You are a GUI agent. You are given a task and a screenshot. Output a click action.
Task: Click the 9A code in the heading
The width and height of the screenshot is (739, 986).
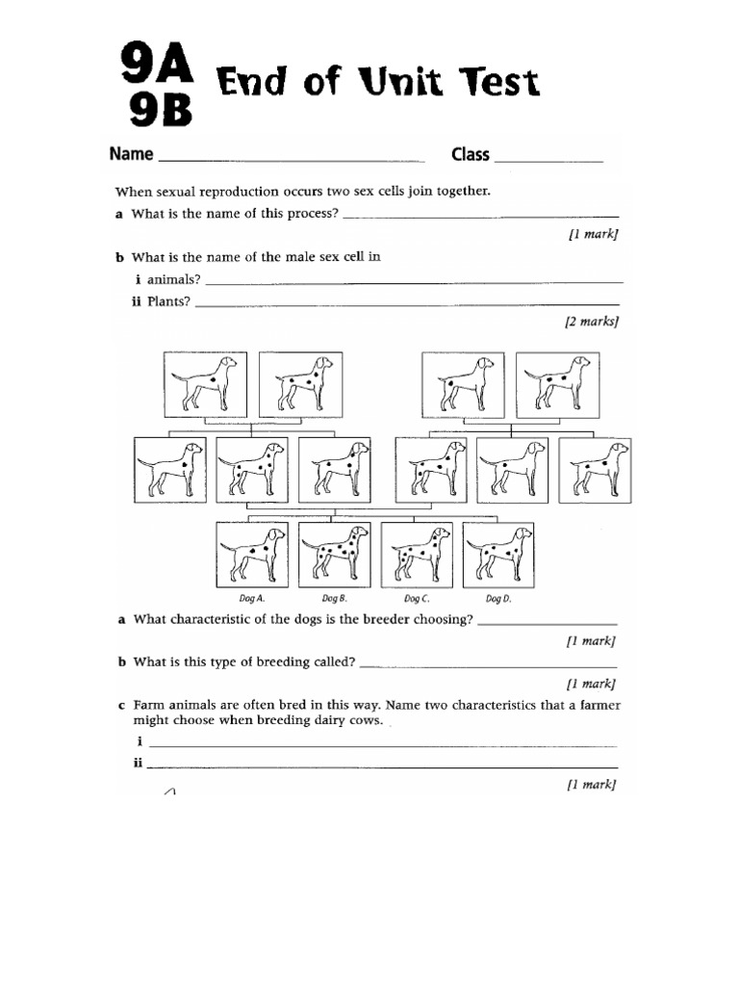tap(155, 66)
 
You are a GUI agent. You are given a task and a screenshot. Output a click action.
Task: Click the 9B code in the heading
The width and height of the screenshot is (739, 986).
tap(157, 113)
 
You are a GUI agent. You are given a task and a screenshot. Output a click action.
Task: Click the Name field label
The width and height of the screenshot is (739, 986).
tap(131, 154)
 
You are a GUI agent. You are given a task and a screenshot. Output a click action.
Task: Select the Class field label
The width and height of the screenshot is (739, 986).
tap(471, 154)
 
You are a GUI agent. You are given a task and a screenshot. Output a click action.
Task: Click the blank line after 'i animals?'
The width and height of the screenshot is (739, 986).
tap(414, 281)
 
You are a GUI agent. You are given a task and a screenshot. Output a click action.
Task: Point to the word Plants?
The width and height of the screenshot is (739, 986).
tap(167, 300)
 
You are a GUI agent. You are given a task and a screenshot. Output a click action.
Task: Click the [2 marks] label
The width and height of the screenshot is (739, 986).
tap(591, 322)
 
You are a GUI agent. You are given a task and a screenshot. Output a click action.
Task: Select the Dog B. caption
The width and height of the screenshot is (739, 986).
tap(334, 599)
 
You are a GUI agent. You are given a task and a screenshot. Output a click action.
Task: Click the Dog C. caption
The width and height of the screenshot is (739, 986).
tap(417, 599)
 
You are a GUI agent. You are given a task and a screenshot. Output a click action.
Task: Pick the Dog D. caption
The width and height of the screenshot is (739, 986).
tap(498, 599)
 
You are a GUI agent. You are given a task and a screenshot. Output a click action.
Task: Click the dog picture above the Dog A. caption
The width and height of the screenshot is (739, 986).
tap(252, 553)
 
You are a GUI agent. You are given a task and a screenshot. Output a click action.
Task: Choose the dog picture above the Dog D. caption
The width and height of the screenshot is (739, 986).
tap(498, 553)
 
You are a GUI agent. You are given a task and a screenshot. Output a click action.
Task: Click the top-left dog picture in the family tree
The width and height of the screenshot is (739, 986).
tap(205, 383)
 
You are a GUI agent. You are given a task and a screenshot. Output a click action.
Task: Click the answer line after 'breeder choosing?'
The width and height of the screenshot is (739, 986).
tap(547, 624)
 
